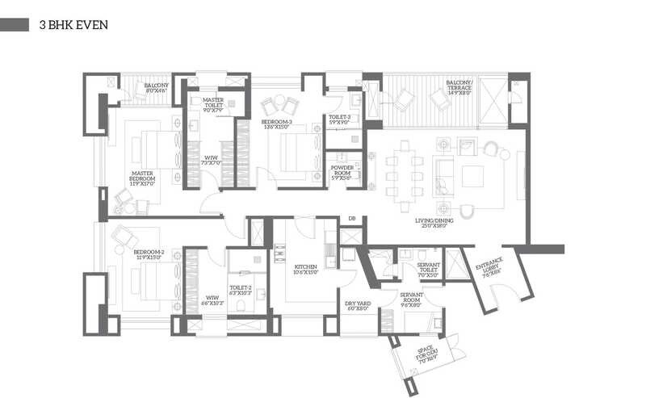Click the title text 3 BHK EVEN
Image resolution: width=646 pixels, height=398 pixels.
click(x=73, y=26)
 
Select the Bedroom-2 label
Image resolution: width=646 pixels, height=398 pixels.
click(x=149, y=254)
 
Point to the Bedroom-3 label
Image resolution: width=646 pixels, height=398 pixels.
click(x=276, y=124)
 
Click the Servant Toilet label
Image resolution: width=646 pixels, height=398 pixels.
click(x=427, y=270)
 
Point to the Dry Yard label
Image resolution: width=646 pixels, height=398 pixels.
click(x=357, y=305)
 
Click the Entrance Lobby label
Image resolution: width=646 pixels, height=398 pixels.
click(x=489, y=266)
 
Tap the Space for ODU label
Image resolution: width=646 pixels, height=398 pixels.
click(x=424, y=354)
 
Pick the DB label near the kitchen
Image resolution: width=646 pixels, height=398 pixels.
click(x=352, y=219)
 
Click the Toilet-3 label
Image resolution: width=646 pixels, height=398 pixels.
click(x=339, y=119)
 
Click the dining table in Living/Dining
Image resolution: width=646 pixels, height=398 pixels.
click(x=404, y=170)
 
